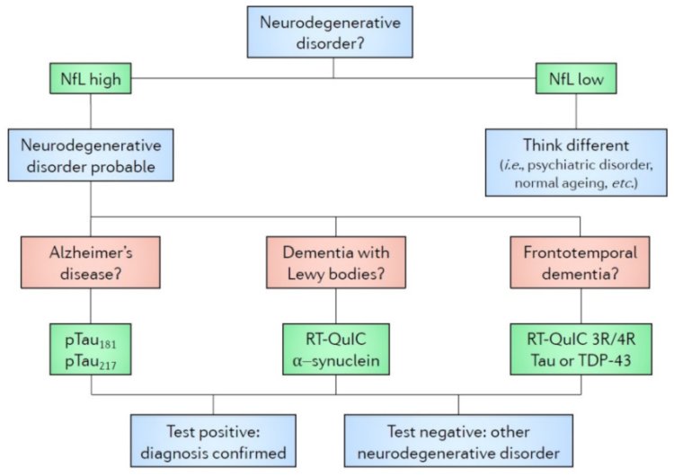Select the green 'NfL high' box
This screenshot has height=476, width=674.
pos(91,80)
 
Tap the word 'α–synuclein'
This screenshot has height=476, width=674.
pos(334,363)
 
